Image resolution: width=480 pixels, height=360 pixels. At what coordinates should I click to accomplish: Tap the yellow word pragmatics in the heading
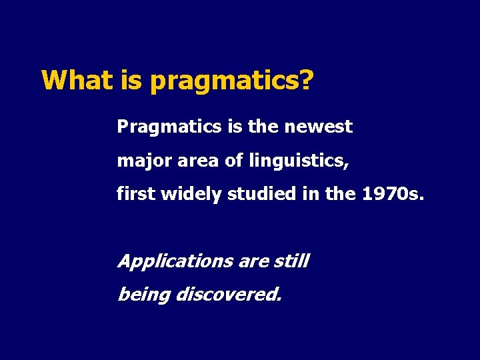(x=224, y=82)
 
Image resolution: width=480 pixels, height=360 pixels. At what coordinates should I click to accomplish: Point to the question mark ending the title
(x=306, y=81)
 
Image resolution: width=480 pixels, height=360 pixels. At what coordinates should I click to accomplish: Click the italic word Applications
(x=175, y=261)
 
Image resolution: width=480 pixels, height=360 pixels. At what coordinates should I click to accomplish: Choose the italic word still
(x=291, y=261)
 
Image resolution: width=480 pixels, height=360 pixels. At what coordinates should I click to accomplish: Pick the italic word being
(x=143, y=295)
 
